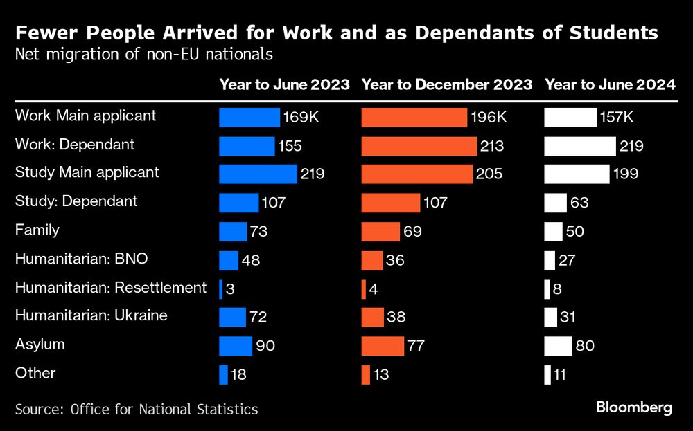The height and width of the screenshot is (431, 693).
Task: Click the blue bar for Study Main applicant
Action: click(258, 174)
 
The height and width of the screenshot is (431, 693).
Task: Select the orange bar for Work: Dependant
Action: click(419, 146)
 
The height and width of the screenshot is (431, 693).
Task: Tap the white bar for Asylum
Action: click(558, 346)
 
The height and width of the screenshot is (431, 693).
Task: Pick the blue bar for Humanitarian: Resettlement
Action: click(220, 288)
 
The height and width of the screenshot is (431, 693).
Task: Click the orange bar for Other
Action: click(365, 374)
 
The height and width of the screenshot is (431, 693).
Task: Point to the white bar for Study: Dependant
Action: click(555, 203)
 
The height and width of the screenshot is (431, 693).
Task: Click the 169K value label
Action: click(301, 118)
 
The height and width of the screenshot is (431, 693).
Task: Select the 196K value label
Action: click(489, 118)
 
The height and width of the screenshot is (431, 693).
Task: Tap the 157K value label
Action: click(617, 118)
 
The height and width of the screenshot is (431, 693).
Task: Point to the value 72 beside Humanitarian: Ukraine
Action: click(258, 318)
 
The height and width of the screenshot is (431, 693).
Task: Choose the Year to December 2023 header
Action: click(447, 85)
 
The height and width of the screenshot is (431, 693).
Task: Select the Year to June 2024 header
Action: click(610, 85)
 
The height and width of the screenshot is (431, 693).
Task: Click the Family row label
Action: click(37, 230)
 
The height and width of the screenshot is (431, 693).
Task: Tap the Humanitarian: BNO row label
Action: click(82, 259)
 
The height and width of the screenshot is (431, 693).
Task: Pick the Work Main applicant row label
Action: click(86, 116)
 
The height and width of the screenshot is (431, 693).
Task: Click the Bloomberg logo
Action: click(634, 407)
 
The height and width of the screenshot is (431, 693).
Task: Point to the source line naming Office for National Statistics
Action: click(137, 409)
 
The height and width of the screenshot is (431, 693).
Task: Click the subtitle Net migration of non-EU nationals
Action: click(144, 54)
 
